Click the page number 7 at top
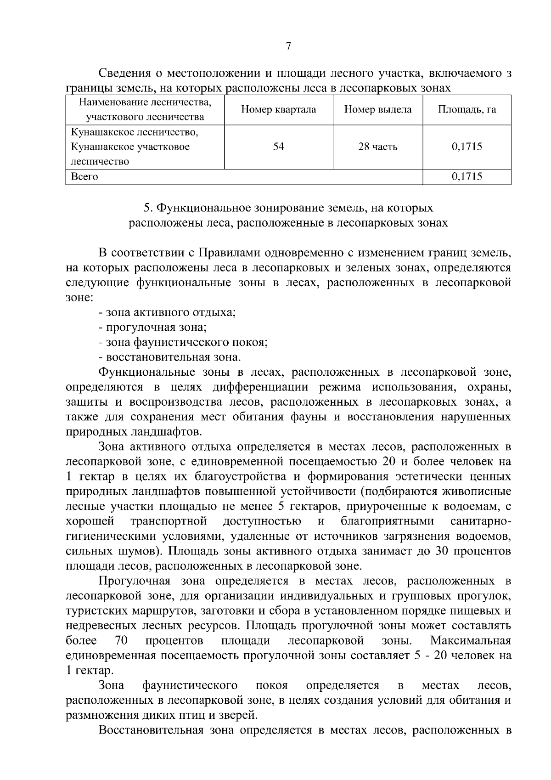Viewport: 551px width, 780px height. click(288, 46)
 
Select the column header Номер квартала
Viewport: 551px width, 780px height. click(278, 110)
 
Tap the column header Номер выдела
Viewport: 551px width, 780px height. click(377, 110)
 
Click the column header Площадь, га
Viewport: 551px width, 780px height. click(467, 110)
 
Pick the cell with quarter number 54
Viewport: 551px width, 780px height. click(278, 147)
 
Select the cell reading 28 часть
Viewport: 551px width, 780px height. click(377, 147)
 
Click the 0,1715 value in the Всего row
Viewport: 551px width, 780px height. click(467, 176)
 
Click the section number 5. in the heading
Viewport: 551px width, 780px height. click(148, 208)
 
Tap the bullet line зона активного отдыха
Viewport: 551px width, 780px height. click(167, 313)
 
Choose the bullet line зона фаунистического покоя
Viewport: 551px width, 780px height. click(183, 343)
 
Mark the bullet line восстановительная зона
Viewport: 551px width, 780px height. click(170, 357)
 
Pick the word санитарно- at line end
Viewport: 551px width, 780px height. click(481, 521)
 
